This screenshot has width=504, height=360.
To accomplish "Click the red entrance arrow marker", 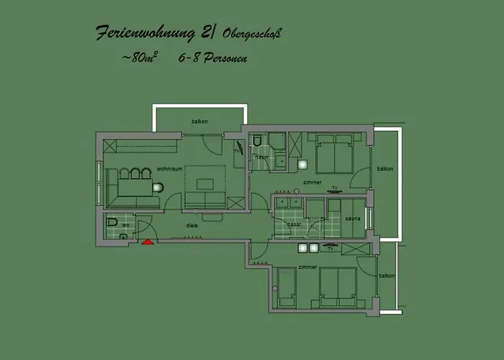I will tap(148, 242).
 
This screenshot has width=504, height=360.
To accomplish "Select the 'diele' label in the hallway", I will tap(192, 225).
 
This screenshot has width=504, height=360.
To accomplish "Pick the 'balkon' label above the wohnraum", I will tap(199, 121).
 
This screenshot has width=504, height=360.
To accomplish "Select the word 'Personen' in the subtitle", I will tap(223, 58).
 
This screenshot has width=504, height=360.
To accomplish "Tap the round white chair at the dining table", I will tap(158, 188).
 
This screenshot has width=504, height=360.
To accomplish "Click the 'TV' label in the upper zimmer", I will tap(334, 188).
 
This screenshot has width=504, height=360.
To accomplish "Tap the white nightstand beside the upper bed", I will tap(302, 163).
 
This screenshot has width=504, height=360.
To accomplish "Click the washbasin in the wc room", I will tap(124, 235).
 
